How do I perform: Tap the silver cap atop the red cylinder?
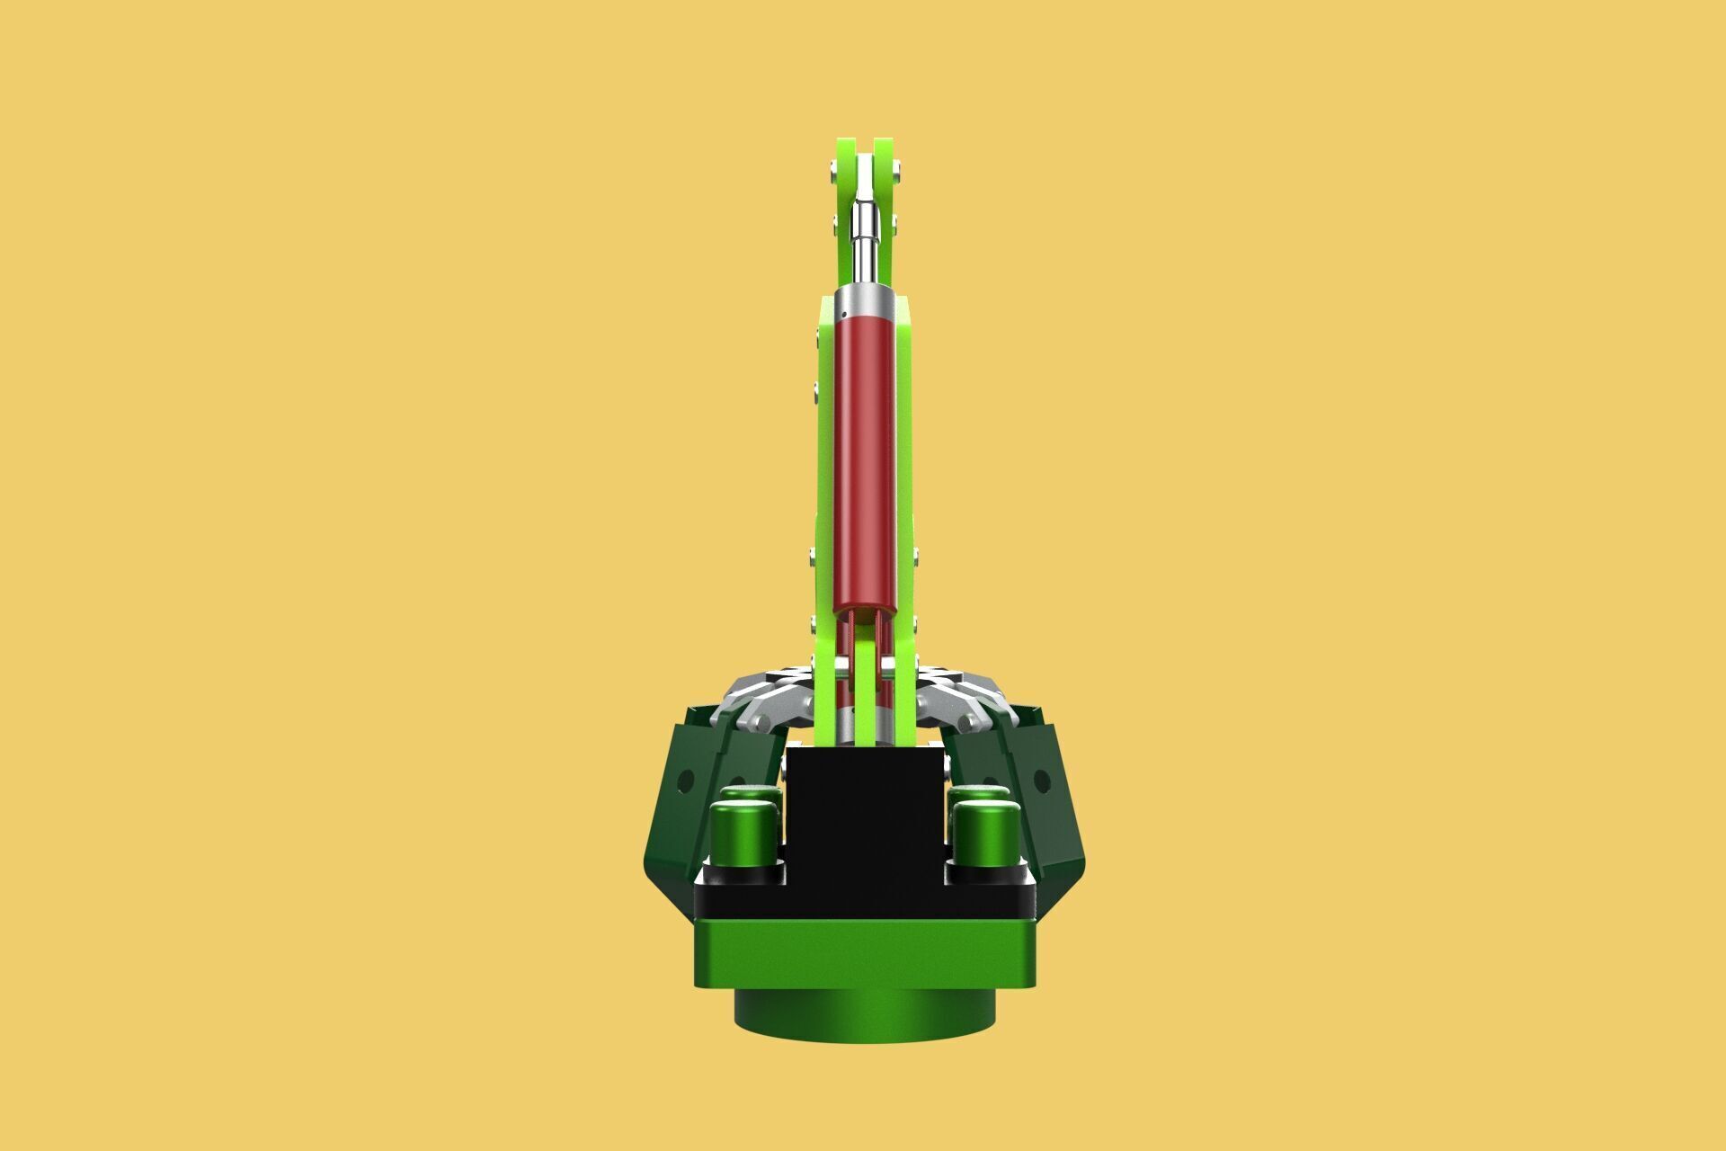click(x=865, y=303)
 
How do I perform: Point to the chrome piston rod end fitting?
click(x=864, y=229)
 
